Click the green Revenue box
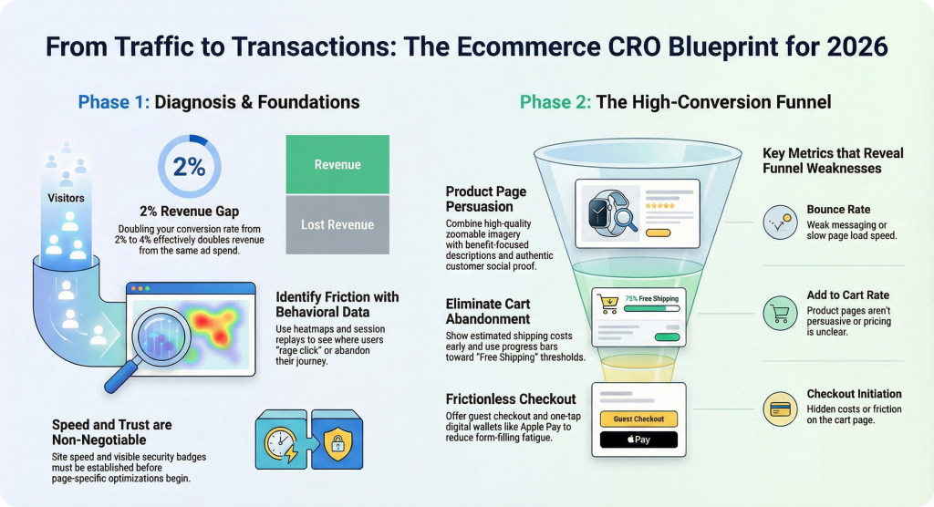[337, 164]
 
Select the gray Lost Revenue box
[337, 224]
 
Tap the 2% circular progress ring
[189, 168]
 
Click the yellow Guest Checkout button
[638, 419]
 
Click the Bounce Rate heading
[838, 210]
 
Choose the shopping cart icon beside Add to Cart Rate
[781, 314]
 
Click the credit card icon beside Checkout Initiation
[781, 409]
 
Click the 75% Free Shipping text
[650, 297]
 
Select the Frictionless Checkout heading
[510, 398]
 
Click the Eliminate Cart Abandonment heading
[488, 311]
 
